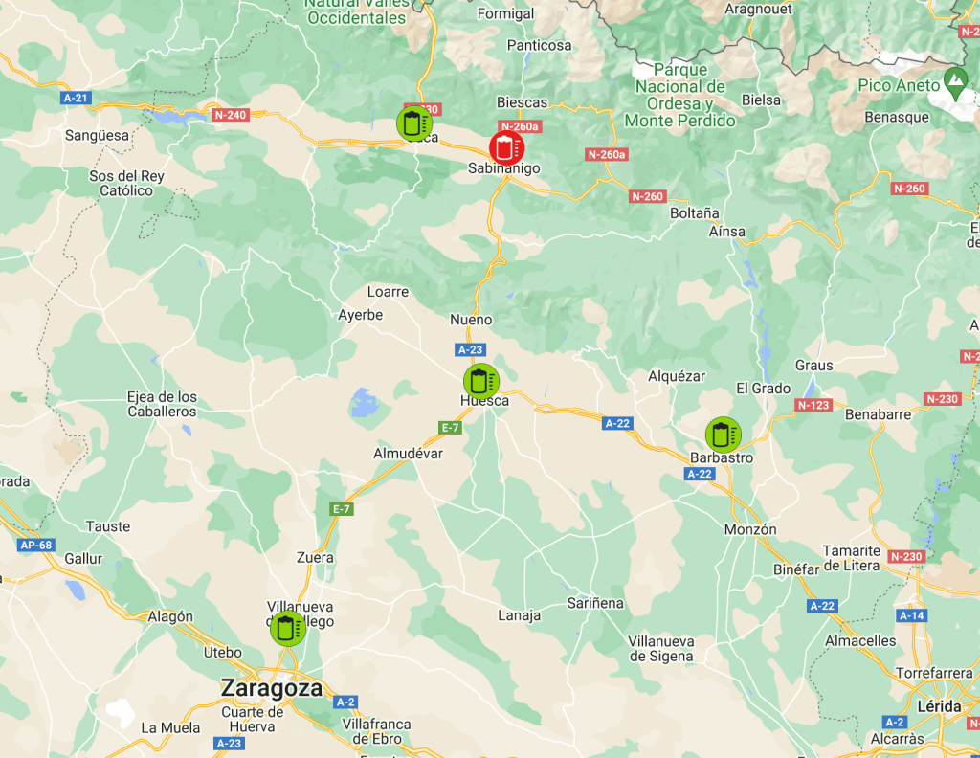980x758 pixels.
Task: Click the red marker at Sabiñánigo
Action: pyautogui.click(x=505, y=147)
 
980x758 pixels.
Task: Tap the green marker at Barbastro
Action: pyautogui.click(x=723, y=435)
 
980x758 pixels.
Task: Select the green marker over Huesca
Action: pyautogui.click(x=480, y=381)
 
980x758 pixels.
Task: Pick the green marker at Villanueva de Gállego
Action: pyautogui.click(x=287, y=628)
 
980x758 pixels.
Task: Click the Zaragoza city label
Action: pyautogui.click(x=272, y=688)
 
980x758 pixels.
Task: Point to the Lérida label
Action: pyautogui.click(x=938, y=705)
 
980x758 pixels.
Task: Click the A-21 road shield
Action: pyautogui.click(x=75, y=98)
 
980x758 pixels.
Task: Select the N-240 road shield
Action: pyautogui.click(x=231, y=115)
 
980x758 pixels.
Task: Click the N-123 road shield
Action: pyautogui.click(x=813, y=405)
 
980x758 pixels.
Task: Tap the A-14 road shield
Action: pyautogui.click(x=911, y=615)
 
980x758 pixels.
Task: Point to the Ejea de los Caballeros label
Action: pyautogui.click(x=162, y=404)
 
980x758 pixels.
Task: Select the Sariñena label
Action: pyautogui.click(x=595, y=603)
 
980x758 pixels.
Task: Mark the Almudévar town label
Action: pyautogui.click(x=408, y=453)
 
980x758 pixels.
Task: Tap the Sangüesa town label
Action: pyautogui.click(x=97, y=135)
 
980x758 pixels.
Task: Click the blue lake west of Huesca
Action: pyautogui.click(x=365, y=403)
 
